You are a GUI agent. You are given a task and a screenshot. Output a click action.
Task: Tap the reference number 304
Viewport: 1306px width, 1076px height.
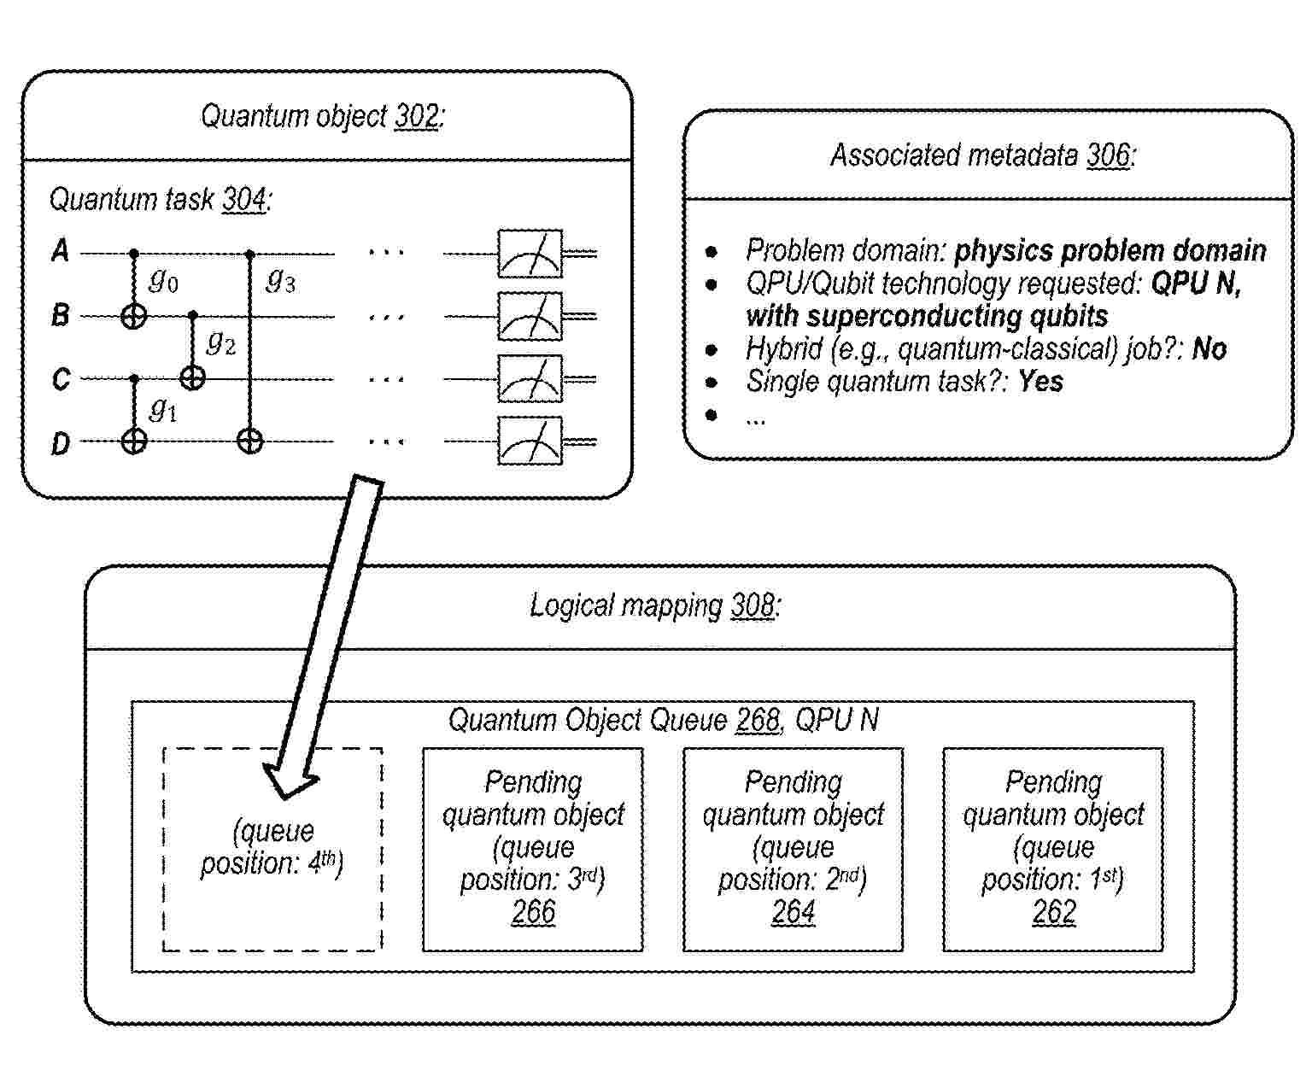pos(244,200)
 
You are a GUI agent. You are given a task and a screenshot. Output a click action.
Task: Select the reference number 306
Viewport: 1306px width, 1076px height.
pos(1109,155)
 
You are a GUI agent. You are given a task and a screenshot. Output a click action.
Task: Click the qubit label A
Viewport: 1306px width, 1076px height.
pos(60,251)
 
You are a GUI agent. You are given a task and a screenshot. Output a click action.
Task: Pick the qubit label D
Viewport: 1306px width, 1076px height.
pos(61,443)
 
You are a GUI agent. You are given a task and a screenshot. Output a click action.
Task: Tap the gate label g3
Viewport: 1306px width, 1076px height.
pos(280,281)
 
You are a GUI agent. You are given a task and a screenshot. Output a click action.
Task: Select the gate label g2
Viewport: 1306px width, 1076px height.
pos(221,343)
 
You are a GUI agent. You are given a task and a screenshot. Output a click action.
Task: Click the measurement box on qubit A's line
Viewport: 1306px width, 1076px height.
pos(530,254)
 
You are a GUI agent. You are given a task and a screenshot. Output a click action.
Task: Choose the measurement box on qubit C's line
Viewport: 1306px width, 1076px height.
pos(530,379)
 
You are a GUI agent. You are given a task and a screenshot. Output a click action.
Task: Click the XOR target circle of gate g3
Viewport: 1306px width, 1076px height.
pos(250,442)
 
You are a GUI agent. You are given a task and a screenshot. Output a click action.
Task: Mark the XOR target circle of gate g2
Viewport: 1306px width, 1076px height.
pos(192,377)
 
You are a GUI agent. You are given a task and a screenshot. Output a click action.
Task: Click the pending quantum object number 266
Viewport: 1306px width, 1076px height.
pos(534,911)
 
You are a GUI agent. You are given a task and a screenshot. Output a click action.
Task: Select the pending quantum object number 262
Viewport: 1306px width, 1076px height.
pos(1054,911)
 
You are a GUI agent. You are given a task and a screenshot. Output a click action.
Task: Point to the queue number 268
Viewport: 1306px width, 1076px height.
pos(758,720)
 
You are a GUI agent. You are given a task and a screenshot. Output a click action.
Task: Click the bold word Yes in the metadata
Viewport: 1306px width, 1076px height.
pos(1040,381)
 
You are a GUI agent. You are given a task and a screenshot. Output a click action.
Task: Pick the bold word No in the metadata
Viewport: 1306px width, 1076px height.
pos(1209,349)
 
